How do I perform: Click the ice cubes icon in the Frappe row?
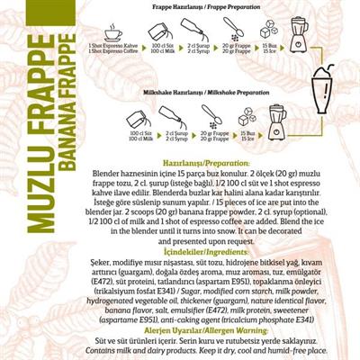click(268, 34)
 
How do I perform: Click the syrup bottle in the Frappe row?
click(193, 34)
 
